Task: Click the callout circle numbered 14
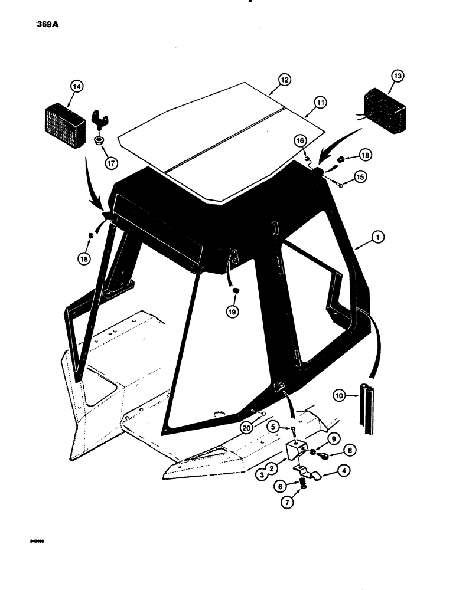point(76,86)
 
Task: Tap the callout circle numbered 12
point(285,79)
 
